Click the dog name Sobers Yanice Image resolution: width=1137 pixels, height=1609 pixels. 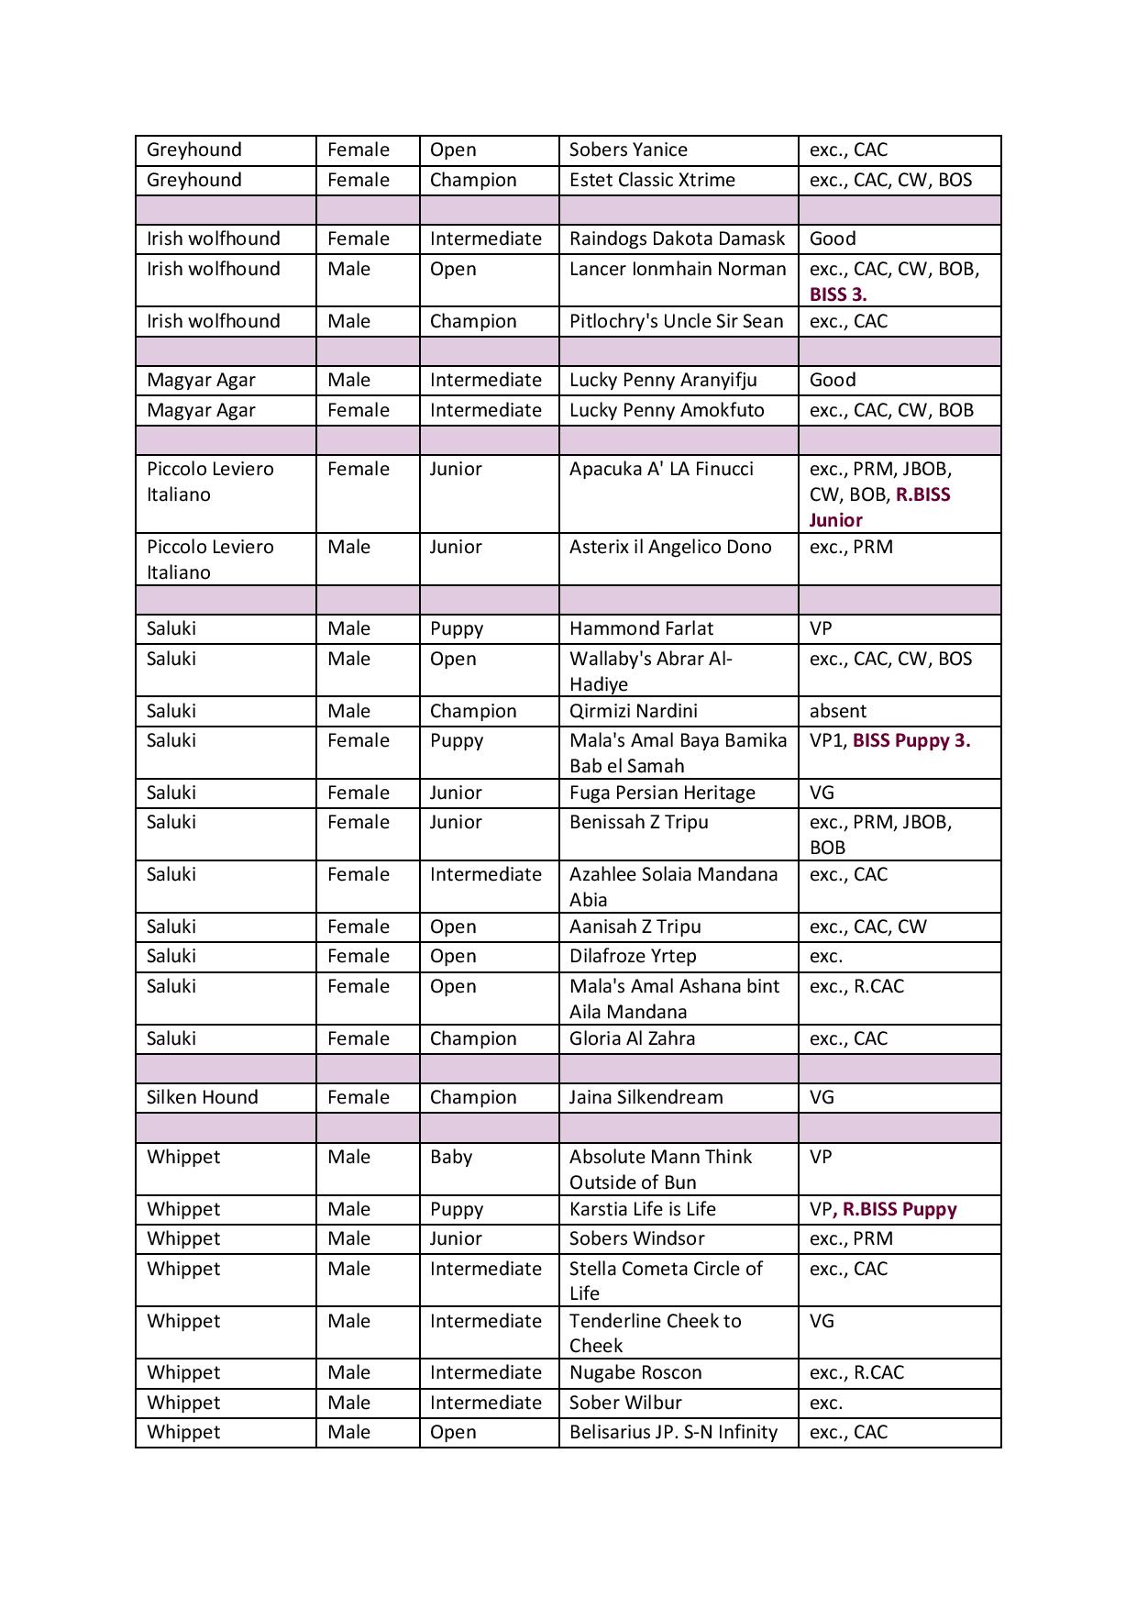(x=628, y=150)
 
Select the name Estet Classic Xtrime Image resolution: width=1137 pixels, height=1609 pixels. (x=652, y=180)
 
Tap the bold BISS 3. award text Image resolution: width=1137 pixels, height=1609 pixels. (x=838, y=294)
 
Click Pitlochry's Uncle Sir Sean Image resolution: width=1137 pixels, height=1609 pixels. (x=676, y=321)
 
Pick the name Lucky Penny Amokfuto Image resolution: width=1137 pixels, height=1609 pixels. (x=667, y=410)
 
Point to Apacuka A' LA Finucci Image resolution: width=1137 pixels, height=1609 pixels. (x=661, y=469)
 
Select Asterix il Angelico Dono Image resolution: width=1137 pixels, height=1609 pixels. (x=670, y=547)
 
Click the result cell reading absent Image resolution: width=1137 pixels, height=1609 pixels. (x=837, y=711)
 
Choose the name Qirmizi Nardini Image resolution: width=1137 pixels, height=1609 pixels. (x=633, y=711)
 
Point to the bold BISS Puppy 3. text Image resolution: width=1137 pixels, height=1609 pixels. (x=911, y=740)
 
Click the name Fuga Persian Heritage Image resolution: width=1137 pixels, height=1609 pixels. (x=662, y=793)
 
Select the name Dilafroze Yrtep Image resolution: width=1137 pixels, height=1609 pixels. (x=633, y=956)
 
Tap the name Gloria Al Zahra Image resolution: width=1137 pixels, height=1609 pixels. (x=632, y=1038)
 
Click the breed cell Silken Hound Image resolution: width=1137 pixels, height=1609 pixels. (x=203, y=1097)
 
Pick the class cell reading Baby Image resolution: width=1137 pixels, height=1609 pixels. (x=451, y=1157)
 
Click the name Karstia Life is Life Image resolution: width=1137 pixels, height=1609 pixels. (x=642, y=1209)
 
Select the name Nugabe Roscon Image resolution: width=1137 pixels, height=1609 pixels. (x=635, y=1372)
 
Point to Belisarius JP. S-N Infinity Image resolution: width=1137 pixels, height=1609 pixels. (x=673, y=1432)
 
